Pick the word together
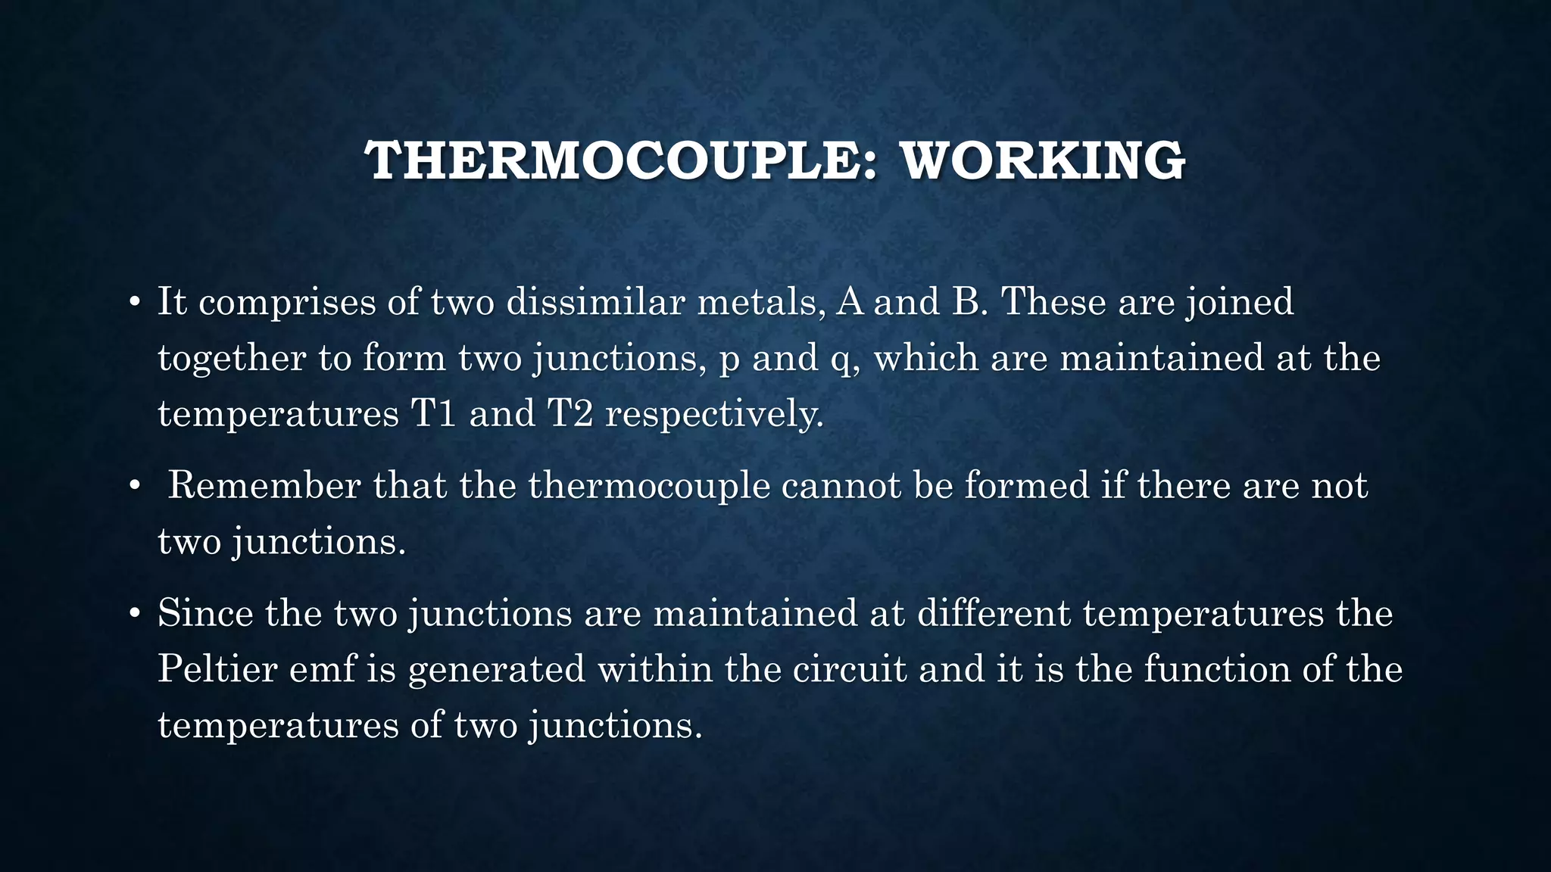tap(232, 358)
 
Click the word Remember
tap(264, 485)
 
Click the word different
tap(994, 613)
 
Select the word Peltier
tap(217, 669)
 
